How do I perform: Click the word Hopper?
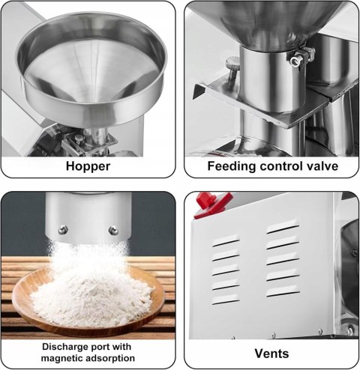point(88,166)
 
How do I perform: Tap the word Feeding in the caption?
point(231,166)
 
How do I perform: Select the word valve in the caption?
point(323,166)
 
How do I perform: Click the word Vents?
point(271,354)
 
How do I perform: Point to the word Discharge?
point(64,347)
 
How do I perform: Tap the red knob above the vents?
point(212,204)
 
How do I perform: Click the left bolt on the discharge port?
point(63,230)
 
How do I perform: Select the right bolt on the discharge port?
point(113,231)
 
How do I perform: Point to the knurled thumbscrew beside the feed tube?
point(232,66)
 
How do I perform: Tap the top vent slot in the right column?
point(283,227)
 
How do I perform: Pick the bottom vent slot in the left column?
point(226,300)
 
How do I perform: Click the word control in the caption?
point(282,166)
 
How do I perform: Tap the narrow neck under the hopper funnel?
point(100,136)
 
